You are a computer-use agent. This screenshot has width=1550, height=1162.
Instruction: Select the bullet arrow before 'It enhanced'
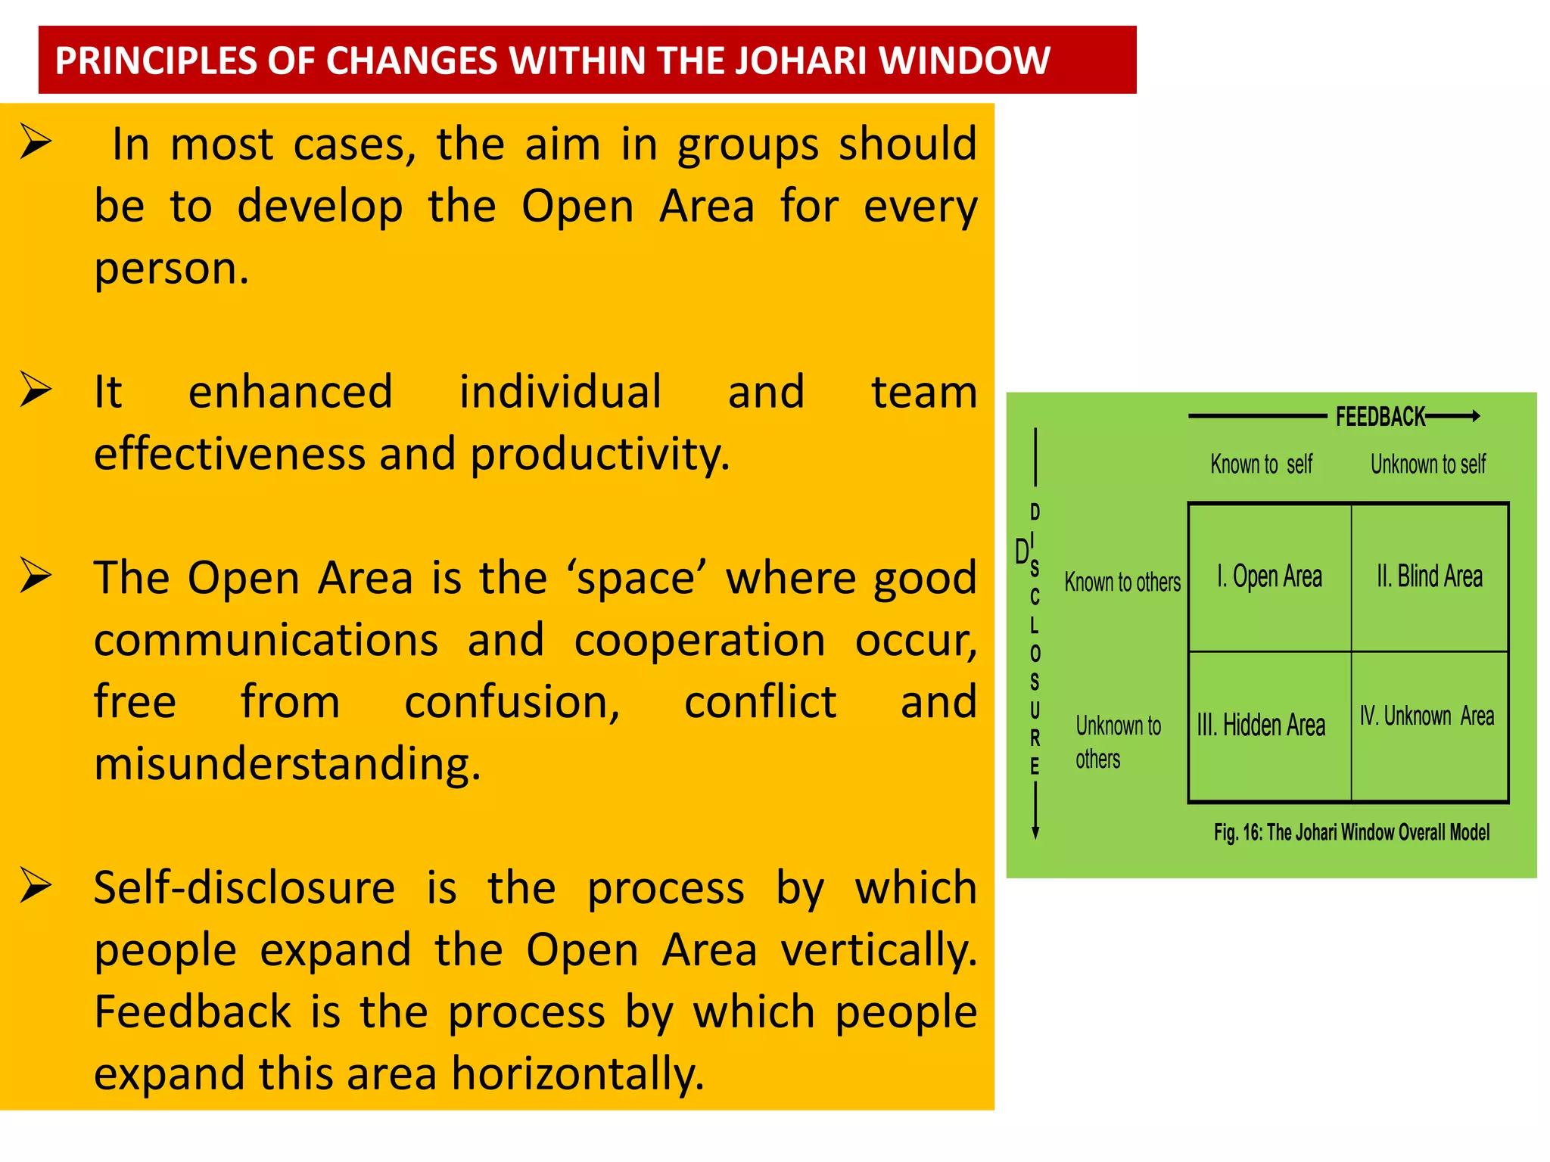36,390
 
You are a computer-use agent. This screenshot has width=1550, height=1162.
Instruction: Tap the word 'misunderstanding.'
287,764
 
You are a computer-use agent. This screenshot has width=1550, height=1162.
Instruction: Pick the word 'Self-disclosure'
244,888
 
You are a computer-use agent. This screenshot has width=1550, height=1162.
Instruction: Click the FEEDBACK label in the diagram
1380,417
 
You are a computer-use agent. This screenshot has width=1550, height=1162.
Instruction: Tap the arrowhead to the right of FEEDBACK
1475,415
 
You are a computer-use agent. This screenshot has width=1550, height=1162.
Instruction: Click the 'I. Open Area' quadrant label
1269,576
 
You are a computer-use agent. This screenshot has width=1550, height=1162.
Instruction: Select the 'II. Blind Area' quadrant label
1429,576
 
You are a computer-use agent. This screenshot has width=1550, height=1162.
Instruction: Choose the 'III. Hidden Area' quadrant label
1261,725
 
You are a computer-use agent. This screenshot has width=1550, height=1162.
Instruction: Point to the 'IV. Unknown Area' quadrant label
1427,716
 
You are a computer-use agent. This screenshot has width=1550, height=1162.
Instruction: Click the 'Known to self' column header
1261,464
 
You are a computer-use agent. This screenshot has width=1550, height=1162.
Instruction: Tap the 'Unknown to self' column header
1427,464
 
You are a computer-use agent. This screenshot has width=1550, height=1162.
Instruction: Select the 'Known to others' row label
1122,582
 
